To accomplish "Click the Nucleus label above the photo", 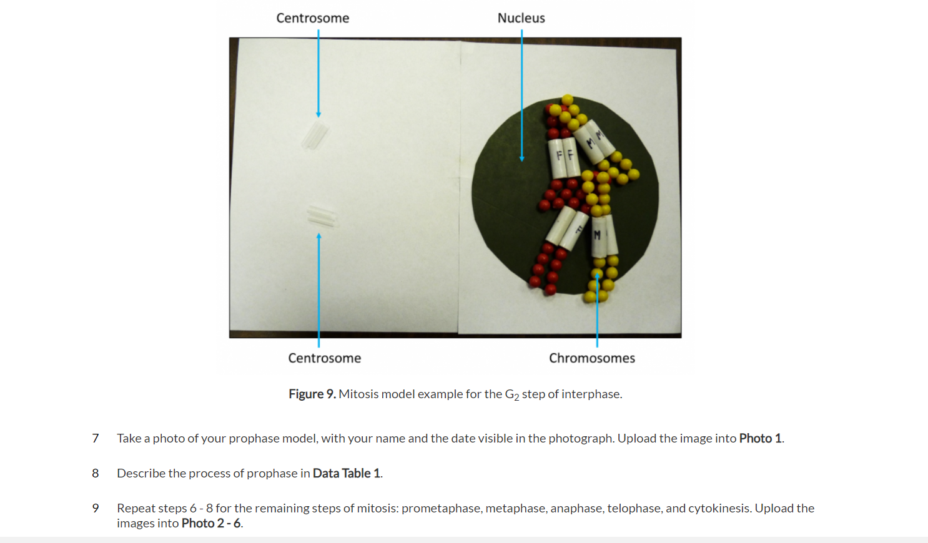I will point(521,18).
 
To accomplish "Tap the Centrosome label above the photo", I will point(312,18).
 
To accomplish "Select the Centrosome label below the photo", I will point(324,358).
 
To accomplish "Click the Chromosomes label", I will point(591,358).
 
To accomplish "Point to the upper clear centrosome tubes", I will point(315,135).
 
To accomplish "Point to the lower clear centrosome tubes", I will point(321,215).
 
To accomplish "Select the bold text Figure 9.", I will point(312,394).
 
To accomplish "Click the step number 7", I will point(95,438).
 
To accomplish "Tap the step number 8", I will point(95,473).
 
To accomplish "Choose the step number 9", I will point(95,508).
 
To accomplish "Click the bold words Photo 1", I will point(760,438).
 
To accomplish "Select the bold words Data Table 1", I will point(346,473).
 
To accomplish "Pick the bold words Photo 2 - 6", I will point(210,523).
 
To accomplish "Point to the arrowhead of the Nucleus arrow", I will point(522,159).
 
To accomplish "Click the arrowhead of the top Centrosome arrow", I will point(318,115).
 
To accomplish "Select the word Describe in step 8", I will point(141,473).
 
